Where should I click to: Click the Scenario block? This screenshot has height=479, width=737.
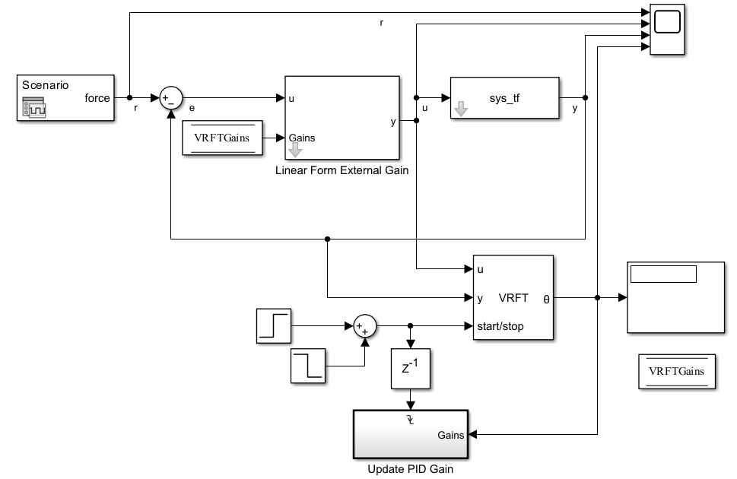pos(65,98)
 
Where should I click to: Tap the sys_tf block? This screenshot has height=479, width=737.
pos(504,98)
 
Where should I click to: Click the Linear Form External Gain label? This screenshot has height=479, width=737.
pos(341,170)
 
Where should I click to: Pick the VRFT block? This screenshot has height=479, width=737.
pos(513,297)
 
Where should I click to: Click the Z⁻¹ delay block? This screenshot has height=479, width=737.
pos(411,370)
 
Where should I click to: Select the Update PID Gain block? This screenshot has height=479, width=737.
pos(411,434)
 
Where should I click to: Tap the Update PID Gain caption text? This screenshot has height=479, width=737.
pos(410,469)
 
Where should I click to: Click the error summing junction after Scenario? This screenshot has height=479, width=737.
pos(171,98)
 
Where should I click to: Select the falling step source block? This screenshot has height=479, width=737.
pos(308,366)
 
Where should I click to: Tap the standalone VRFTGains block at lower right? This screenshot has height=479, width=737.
pos(676,372)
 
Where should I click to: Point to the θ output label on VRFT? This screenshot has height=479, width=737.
pos(546,299)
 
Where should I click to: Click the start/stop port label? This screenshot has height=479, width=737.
pos(500,327)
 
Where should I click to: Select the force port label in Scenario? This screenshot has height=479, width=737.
pos(97,98)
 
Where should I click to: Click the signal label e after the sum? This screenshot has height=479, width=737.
pos(192,108)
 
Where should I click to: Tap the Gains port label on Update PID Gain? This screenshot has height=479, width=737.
pos(451,436)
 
